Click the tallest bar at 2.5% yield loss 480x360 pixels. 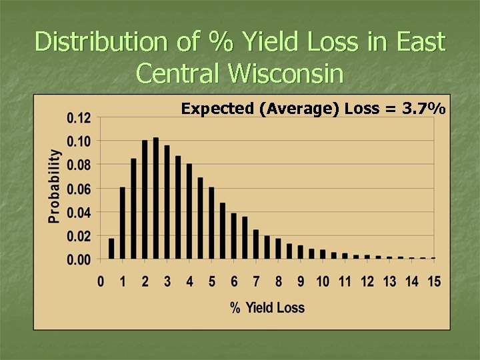pos(156,198)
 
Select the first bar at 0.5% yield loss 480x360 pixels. pos(111,248)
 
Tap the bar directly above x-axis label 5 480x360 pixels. pos(211,223)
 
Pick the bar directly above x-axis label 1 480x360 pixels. pos(123,223)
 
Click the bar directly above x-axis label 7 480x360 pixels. pos(256,244)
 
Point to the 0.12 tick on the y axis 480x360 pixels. pos(79,118)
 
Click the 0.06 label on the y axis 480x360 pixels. pos(79,189)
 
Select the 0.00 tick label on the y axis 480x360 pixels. pos(79,259)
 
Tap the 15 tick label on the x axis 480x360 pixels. pos(434,282)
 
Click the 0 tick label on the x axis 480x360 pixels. pos(101,282)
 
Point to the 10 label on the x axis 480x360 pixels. pos(323,282)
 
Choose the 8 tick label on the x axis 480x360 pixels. pos(279,282)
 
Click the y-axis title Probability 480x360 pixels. pos(54,185)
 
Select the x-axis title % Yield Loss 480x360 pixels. pos(267,307)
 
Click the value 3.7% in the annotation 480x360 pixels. pos(424,109)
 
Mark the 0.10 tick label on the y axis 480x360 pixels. pos(79,141)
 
